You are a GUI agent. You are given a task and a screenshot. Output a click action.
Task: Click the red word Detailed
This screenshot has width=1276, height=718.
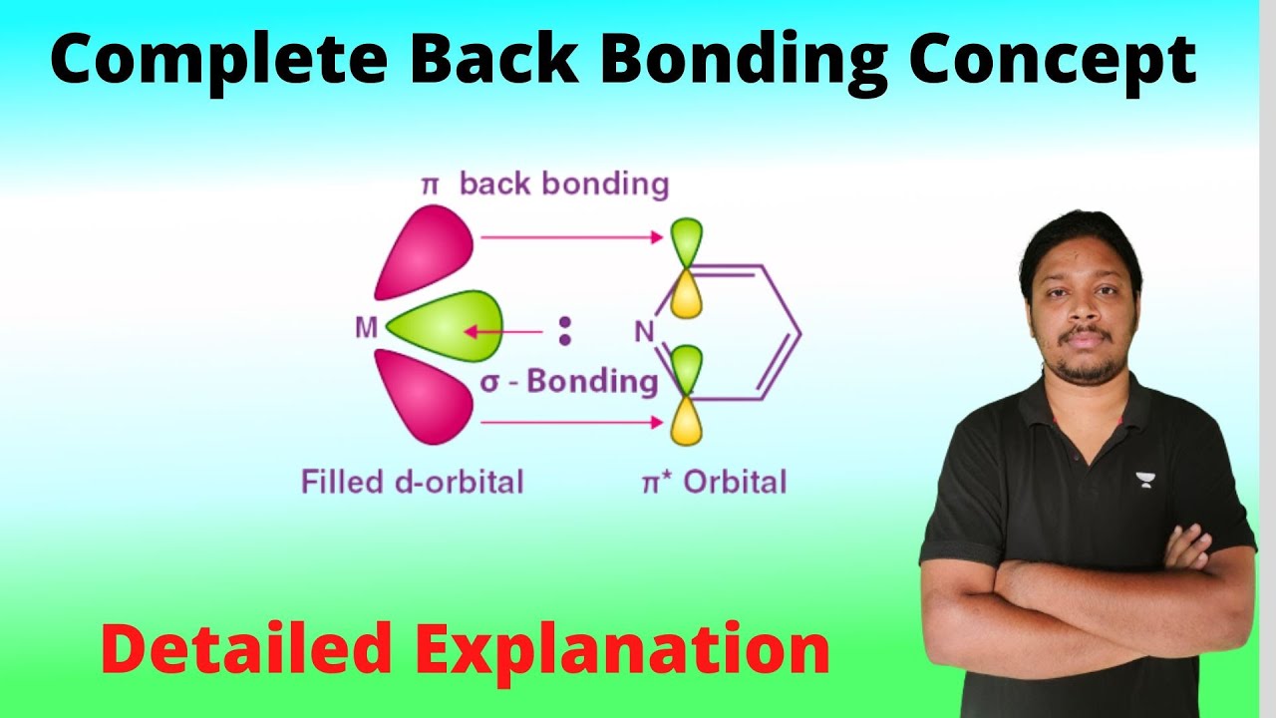click(x=245, y=649)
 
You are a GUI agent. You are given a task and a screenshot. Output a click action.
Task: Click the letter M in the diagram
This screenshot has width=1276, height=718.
click(x=366, y=328)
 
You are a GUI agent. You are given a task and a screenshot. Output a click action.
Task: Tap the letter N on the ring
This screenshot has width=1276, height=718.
click(x=644, y=332)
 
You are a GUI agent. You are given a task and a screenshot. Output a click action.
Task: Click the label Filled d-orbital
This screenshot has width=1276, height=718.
click(x=412, y=483)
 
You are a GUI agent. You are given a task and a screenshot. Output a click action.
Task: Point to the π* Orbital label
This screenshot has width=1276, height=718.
click(x=713, y=483)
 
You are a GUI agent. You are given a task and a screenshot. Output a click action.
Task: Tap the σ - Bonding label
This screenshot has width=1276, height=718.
click(x=569, y=382)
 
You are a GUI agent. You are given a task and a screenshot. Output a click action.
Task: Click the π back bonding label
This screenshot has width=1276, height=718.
click(x=543, y=184)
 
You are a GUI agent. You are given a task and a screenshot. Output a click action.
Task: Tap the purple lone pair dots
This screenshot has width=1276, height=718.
click(x=565, y=331)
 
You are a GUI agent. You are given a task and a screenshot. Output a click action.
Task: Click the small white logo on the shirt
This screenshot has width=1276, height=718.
click(x=1143, y=480)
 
